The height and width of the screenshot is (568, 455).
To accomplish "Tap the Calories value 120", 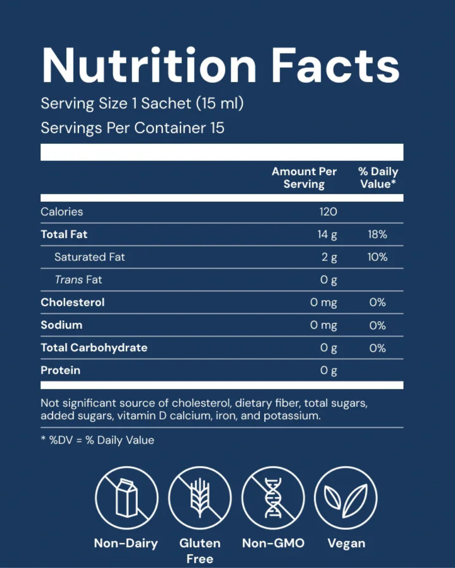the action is point(328,212).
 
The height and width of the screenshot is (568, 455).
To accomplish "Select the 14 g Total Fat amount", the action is point(327,235).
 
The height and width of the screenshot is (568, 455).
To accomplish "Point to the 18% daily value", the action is point(377,234).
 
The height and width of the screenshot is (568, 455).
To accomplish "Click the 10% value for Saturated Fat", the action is point(377,257).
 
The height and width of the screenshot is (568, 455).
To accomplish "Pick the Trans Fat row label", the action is point(78,280).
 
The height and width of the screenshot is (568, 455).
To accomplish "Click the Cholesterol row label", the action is point(73,303).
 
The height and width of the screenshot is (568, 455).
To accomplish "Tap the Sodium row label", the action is point(62,325).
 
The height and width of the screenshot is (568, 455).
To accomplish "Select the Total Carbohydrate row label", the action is point(94,348).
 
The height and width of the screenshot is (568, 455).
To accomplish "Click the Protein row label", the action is point(61,370).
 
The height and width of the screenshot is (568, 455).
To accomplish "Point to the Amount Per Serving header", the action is point(304,178).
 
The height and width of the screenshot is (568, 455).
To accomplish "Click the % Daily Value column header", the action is point(378,178).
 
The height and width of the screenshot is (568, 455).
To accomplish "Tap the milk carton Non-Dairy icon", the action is point(127,498).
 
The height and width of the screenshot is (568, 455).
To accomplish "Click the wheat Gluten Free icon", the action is point(200,498).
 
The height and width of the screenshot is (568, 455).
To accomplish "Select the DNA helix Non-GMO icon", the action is point(273,498).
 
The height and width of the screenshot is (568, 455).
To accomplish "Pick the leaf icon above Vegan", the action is point(346,498).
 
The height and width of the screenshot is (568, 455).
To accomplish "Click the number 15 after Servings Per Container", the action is point(217,128).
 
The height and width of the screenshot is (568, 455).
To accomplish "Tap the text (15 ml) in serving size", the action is point(220,103).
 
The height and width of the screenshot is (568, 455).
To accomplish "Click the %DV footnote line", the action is point(98,440).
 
